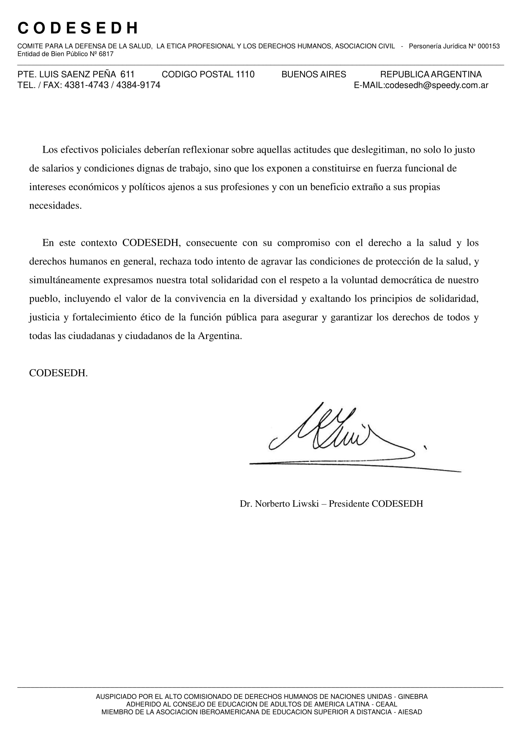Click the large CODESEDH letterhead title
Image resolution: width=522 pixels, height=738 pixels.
pyautogui.click(x=78, y=29)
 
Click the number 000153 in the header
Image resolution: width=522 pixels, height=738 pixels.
pyautogui.click(x=489, y=46)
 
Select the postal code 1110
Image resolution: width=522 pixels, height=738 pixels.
pyautogui.click(x=245, y=74)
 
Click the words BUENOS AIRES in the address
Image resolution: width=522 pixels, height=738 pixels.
pyautogui.click(x=314, y=74)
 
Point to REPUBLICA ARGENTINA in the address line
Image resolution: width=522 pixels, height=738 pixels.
pyautogui.click(x=431, y=74)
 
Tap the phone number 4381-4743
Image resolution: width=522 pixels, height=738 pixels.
pyautogui.click(x=86, y=86)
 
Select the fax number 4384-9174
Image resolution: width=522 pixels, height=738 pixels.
pyautogui.click(x=138, y=86)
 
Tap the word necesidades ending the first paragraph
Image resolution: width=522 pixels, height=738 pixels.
pyautogui.click(x=55, y=206)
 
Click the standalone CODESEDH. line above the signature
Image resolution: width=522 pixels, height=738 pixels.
pyautogui.click(x=58, y=373)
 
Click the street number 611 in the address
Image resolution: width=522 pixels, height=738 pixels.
pyautogui.click(x=127, y=74)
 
